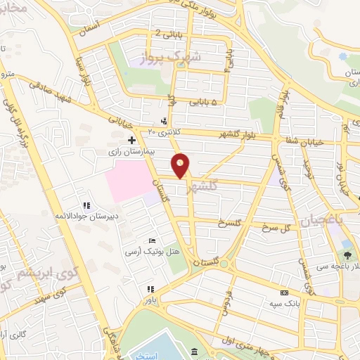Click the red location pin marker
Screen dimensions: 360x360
181,166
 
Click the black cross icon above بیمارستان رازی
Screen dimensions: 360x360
131,141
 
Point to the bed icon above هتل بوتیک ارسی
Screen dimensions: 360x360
153,241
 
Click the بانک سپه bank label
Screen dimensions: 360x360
284,303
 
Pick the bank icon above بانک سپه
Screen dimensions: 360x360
284,293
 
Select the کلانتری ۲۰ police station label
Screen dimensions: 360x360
164,131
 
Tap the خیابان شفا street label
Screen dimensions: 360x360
306,143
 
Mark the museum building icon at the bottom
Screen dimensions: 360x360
195,352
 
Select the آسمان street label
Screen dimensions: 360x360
91,24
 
